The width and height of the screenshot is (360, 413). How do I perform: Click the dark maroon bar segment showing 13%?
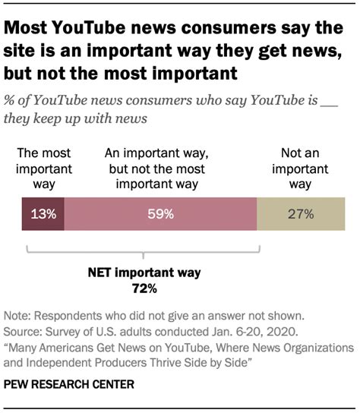click(x=43, y=214)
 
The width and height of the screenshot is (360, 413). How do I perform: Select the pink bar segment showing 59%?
click(x=161, y=214)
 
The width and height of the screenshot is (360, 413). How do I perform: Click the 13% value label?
click(x=43, y=214)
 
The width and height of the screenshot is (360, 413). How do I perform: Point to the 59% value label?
click(x=161, y=214)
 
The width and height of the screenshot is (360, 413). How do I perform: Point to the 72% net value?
click(x=144, y=288)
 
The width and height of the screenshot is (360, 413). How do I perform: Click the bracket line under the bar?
click(x=144, y=253)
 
